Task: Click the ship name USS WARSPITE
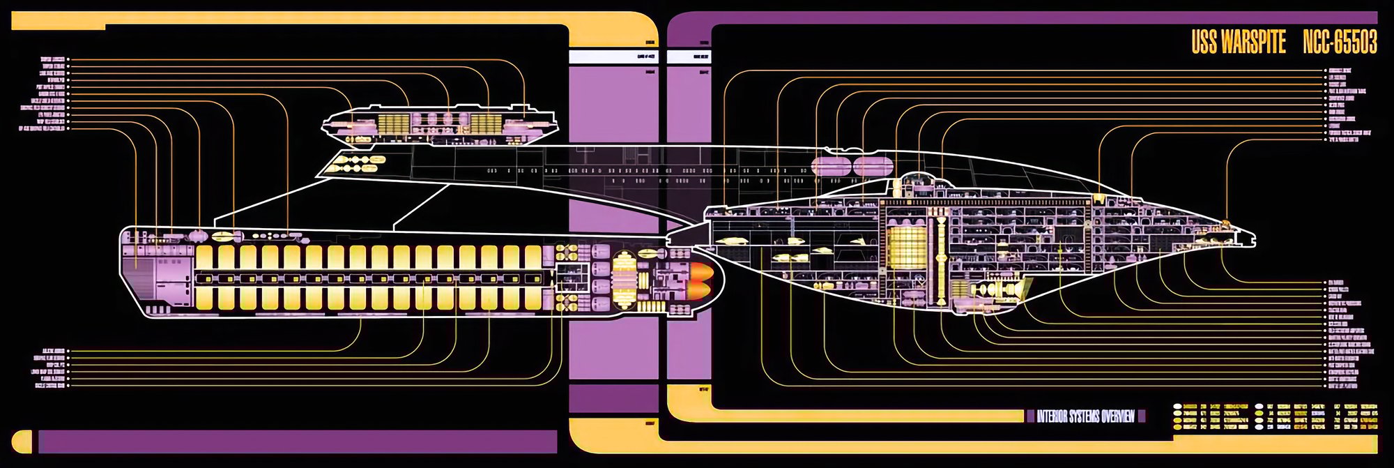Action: click(1238, 43)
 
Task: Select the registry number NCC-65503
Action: click(1340, 43)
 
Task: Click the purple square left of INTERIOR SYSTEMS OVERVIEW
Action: click(1030, 416)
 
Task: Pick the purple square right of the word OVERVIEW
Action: click(1141, 416)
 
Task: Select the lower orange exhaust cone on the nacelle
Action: click(701, 288)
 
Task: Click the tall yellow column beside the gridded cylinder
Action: click(942, 251)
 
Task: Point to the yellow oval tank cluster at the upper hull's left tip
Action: click(355, 164)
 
